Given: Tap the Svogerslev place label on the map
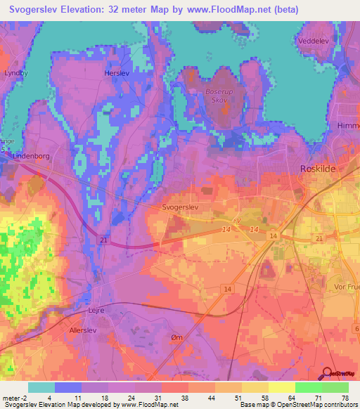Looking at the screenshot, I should coord(182,209).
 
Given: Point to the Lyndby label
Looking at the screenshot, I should coord(15,72).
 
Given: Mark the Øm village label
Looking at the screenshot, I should coord(176,338).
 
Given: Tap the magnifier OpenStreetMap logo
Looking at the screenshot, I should coord(328,373).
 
